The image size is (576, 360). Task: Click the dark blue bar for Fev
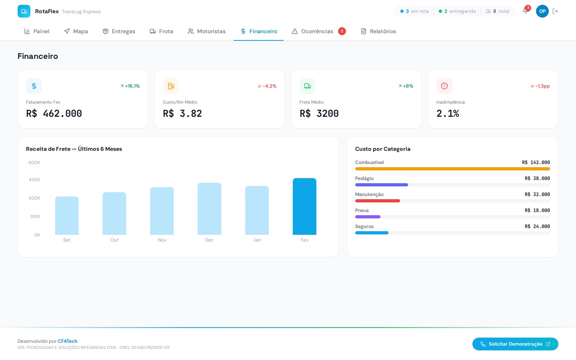tap(304, 206)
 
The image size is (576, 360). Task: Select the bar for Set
tap(67, 216)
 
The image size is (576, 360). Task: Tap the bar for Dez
tap(209, 209)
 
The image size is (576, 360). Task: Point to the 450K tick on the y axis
tap(34, 180)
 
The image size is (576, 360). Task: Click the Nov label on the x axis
tap(162, 240)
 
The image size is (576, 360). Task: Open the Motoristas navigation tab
tap(206, 31)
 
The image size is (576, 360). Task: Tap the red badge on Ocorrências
tap(342, 31)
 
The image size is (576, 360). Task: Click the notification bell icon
tap(526, 11)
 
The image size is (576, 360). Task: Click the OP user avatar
tap(542, 11)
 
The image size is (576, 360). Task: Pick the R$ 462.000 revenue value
tap(54, 114)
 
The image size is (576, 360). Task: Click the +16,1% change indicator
tap(130, 86)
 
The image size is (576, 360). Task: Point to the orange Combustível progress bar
tap(452, 169)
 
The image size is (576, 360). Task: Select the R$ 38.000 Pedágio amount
tap(537, 178)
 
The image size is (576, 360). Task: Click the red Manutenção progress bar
tap(378, 201)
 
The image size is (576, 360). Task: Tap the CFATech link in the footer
tap(67, 341)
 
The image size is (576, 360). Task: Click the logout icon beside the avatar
tap(555, 11)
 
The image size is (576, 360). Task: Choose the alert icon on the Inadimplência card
tap(444, 86)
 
